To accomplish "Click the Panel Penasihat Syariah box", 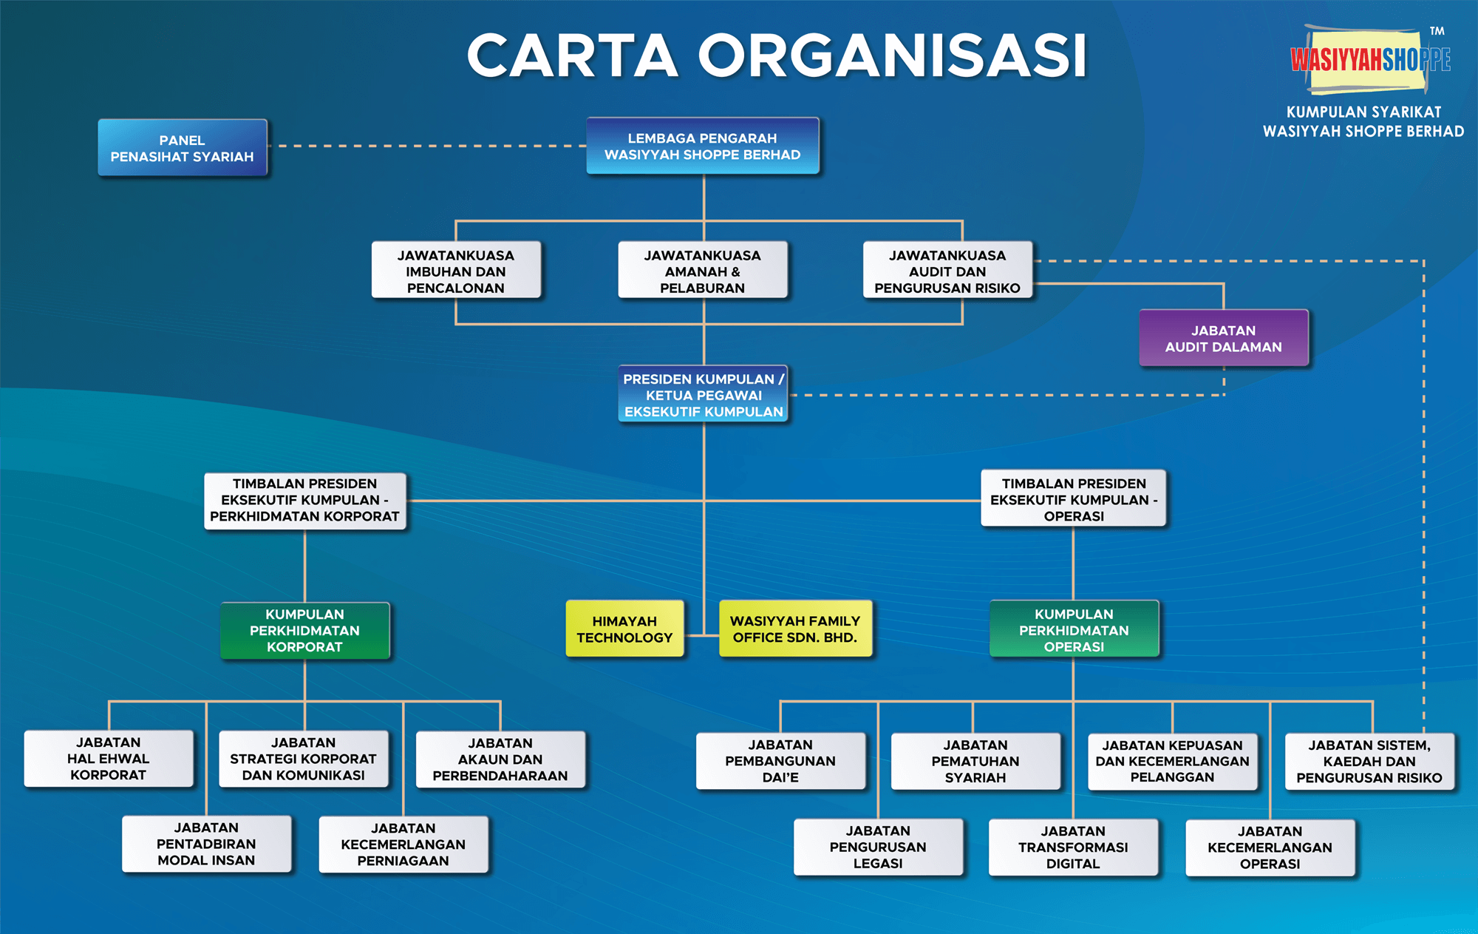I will click(183, 148).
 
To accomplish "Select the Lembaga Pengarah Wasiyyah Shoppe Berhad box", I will click(702, 146).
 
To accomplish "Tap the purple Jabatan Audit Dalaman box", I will click(1223, 339).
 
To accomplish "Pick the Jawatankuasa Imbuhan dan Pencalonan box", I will click(456, 271).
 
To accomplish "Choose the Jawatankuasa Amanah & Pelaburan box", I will click(702, 271).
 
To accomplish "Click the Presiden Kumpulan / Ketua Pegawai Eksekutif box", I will click(703, 395).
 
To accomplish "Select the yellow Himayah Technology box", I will click(624, 629).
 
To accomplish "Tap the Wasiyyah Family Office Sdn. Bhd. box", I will click(795, 629).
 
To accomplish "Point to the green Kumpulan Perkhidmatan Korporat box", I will click(304, 631).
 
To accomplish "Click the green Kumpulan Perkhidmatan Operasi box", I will click(1074, 630).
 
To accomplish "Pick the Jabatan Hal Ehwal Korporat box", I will click(109, 759).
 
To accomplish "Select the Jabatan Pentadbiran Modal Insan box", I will click(206, 845).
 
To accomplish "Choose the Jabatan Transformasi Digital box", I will click(1073, 847).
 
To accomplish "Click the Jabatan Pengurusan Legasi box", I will click(878, 847).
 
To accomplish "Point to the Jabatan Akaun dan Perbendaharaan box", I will click(500, 759).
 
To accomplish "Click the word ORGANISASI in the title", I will click(893, 55).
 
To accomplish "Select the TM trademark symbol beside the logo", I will click(1437, 31).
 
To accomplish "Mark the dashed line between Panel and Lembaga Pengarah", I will click(427, 146).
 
